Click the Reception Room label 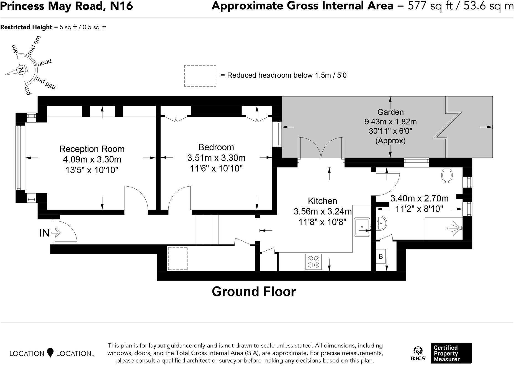point(92,149)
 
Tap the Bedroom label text point(216,147)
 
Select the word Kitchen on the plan point(322,201)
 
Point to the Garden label point(390,112)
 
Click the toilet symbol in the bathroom point(447,175)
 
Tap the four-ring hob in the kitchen point(313,261)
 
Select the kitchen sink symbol point(362,227)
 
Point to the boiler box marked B point(381,256)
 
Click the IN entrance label point(44,233)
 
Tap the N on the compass point(21,70)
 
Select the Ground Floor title point(254,292)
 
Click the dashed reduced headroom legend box point(200,76)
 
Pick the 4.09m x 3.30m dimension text point(92,159)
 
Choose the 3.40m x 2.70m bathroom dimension point(419,198)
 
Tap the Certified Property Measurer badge point(451,353)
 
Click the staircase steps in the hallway point(207,230)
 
